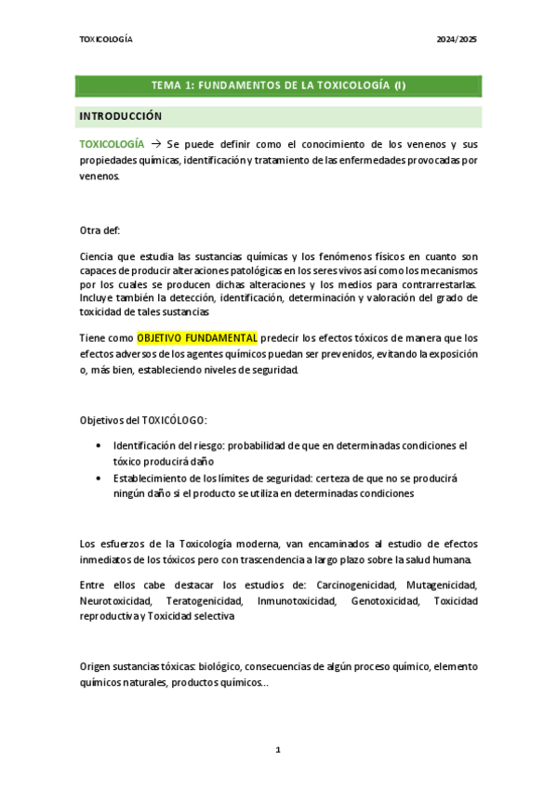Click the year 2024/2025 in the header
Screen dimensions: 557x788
tap(458, 40)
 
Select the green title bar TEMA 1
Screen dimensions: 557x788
tap(278, 85)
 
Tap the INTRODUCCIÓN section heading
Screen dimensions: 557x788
tap(121, 116)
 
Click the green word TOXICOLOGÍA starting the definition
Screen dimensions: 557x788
tap(113, 145)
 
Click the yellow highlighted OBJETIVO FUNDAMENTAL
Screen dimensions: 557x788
tap(197, 338)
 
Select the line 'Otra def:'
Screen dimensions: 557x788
tap(100, 230)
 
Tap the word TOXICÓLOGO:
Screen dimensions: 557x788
tap(192, 420)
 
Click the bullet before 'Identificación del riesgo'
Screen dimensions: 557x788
tap(99, 446)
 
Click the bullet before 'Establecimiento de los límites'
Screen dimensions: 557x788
tap(99, 478)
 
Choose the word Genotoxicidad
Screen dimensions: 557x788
tap(383, 601)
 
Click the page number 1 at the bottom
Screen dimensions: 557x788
tap(277, 748)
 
